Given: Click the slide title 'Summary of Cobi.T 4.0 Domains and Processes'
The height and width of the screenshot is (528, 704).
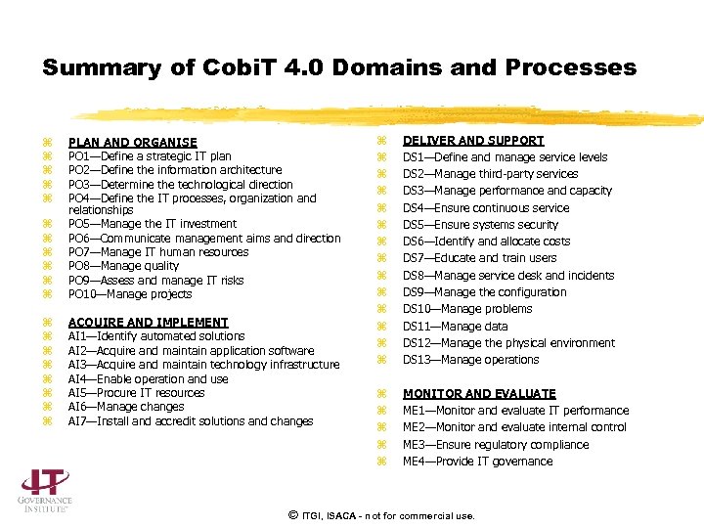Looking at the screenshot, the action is click(x=339, y=67).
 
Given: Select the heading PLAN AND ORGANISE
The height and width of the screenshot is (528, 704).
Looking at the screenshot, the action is click(x=132, y=143).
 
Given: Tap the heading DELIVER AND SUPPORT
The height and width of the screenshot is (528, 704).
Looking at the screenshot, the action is click(x=473, y=141).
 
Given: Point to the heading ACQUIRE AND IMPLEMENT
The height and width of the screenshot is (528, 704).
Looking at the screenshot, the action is click(x=148, y=323).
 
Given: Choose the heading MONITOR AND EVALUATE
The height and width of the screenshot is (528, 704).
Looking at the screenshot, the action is click(x=479, y=394).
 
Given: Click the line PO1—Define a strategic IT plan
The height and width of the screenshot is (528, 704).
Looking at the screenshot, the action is click(x=150, y=156).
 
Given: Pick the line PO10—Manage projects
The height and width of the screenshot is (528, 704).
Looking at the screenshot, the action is click(x=130, y=294).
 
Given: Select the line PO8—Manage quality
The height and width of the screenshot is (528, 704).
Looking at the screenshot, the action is click(x=123, y=266).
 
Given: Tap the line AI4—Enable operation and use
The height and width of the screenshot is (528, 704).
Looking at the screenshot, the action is click(x=148, y=379).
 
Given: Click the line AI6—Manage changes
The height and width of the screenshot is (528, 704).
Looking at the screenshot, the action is click(x=126, y=407).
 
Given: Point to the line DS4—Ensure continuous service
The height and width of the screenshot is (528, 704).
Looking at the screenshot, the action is click(x=486, y=208).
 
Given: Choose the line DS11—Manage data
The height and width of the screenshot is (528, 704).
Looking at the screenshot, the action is click(x=456, y=327).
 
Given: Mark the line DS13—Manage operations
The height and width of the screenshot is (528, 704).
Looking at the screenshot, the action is click(x=471, y=360).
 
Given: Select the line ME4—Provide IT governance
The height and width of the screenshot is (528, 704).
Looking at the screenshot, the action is click(x=478, y=462).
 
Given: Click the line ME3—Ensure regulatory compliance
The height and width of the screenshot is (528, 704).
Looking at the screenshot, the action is click(x=496, y=445).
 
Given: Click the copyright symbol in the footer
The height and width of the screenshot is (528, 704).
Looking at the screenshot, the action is click(x=292, y=514).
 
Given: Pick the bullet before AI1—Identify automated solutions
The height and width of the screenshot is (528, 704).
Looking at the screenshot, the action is click(x=47, y=337).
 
